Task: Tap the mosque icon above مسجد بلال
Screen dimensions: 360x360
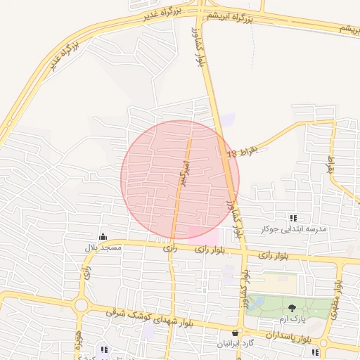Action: click(103, 236)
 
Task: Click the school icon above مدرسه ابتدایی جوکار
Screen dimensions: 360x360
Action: click(293, 218)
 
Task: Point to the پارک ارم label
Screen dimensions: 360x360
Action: click(292, 320)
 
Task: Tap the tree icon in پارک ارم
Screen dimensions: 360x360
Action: click(292, 308)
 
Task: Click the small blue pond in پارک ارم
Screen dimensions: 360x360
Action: click(258, 302)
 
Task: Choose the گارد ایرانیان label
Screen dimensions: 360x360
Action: click(236, 344)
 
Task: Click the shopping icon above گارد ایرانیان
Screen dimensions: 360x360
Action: click(236, 333)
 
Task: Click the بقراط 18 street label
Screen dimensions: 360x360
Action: click(243, 150)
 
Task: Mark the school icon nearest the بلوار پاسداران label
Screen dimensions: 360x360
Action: click(314, 352)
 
